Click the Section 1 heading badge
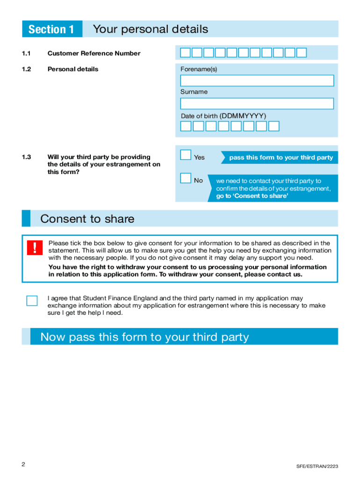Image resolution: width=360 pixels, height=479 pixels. click(51, 29)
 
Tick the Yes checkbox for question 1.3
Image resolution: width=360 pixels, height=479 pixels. click(186, 155)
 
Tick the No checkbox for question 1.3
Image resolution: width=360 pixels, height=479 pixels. click(186, 178)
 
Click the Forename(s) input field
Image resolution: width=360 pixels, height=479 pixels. click(257, 80)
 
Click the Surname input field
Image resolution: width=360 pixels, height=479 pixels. click(257, 103)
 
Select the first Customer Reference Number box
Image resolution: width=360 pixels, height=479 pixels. click(186, 52)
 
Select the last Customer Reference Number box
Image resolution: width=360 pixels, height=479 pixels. click(302, 52)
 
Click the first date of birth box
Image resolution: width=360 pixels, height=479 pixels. click(186, 126)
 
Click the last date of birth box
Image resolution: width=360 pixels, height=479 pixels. click(274, 126)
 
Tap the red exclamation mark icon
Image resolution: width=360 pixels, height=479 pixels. click(34, 247)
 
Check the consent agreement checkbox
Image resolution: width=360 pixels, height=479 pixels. click(32, 300)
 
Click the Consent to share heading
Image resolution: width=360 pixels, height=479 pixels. click(87, 219)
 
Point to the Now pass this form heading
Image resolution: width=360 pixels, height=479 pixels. click(144, 337)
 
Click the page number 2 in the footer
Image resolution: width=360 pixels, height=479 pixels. click(23, 464)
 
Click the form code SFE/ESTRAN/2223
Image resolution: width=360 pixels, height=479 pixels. click(317, 466)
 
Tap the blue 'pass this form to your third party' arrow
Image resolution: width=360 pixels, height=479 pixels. click(280, 158)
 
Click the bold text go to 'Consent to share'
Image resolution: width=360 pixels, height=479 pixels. click(252, 196)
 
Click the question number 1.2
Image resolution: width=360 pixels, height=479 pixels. click(26, 69)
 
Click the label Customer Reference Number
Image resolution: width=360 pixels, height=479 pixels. click(94, 53)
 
